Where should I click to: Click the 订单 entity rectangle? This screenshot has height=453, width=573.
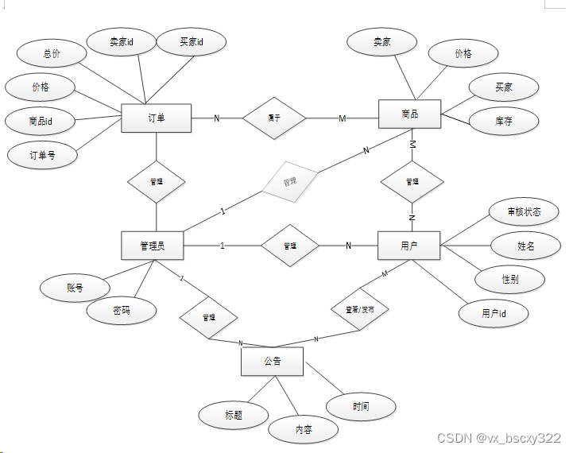tap(156, 118)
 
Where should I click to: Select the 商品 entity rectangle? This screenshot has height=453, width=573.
tap(409, 114)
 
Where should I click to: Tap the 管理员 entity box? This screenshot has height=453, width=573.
tap(153, 246)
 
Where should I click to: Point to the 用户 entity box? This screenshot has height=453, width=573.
tap(409, 246)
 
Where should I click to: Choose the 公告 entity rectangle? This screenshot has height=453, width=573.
tap(272, 362)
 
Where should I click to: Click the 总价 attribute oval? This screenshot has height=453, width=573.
tap(52, 54)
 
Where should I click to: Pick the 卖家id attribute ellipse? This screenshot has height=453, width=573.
tap(121, 42)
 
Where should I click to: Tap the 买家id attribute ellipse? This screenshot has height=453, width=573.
tap(191, 42)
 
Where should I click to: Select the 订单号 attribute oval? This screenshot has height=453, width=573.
tap(42, 155)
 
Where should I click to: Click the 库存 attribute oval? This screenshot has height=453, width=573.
tap(503, 121)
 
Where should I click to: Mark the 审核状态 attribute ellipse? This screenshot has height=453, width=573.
tap(524, 212)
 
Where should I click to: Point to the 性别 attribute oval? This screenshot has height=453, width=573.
tap(511, 280)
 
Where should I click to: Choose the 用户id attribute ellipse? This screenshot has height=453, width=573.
tap(494, 314)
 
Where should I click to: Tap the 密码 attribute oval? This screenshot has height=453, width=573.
tap(122, 312)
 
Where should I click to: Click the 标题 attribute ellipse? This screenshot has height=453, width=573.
tap(233, 415)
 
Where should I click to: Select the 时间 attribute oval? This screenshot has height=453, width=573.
tap(361, 407)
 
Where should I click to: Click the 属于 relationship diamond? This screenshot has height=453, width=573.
tap(273, 118)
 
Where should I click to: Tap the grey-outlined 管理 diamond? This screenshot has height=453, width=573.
tap(289, 182)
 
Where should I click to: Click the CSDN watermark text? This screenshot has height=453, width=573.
tap(499, 438)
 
